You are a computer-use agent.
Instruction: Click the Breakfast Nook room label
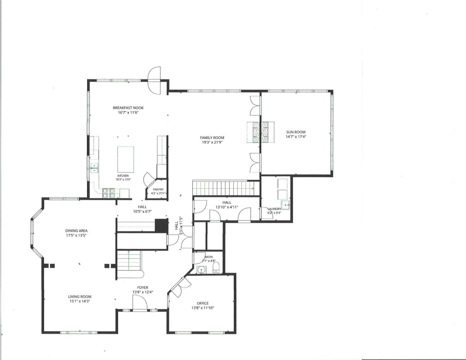point(128,108)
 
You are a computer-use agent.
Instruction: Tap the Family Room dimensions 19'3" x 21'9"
point(212,142)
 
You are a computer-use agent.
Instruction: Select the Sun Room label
point(296,132)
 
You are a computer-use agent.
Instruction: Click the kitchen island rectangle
point(126,160)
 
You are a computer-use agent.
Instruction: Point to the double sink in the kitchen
point(94,168)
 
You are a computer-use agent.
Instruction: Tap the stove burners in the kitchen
point(108,193)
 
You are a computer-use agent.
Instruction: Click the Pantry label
point(158,189)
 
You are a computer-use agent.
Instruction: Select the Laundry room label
point(274,209)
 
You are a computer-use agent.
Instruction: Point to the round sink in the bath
point(201,270)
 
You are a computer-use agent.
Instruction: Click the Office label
point(203,303)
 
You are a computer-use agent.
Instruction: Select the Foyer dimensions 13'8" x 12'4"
point(143,292)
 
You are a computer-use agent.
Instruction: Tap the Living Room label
point(80,297)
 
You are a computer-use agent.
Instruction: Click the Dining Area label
point(76,231)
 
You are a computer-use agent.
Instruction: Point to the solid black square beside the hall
point(161,225)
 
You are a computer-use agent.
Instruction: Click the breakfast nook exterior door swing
point(154,80)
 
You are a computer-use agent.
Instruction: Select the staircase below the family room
point(223,189)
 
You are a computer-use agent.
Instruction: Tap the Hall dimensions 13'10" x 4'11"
point(227,207)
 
